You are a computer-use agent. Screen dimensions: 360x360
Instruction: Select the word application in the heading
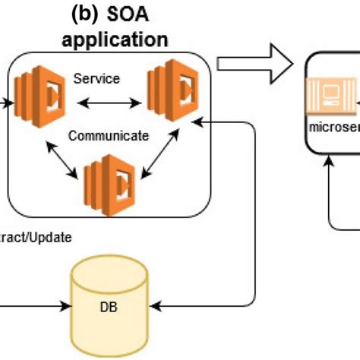(x=115, y=38)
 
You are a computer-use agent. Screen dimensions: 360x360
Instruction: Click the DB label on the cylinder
(x=108, y=309)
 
